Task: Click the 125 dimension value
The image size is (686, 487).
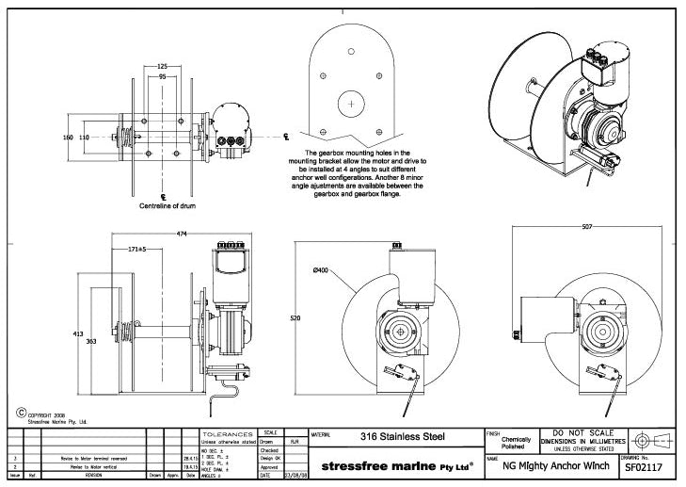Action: coord(162,67)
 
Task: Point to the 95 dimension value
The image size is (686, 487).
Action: coord(162,76)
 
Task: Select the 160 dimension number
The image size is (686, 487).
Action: coord(68,138)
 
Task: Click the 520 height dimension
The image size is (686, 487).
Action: coord(296,319)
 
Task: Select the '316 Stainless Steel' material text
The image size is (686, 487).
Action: coord(403,436)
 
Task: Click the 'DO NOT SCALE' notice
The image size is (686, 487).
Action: coord(584,432)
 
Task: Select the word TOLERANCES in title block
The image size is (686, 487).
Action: coord(230,431)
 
